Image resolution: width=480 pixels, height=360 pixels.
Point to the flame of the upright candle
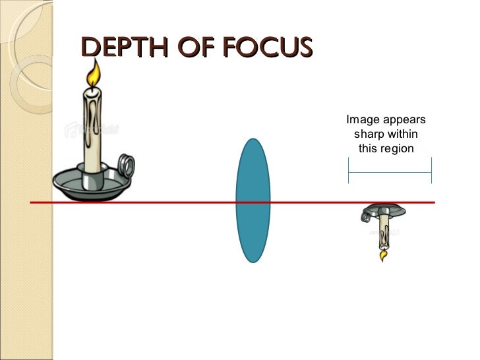[x=96, y=73]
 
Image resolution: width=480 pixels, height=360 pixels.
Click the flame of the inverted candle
[x=382, y=254]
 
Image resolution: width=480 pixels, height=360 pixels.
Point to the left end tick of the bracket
[x=348, y=171]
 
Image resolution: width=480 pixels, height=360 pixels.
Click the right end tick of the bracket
[x=431, y=171]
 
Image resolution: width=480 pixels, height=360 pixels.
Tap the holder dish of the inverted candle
[x=383, y=210]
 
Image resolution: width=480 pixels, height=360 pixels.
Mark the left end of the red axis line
[x=31, y=202]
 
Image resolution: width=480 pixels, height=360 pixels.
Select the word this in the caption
[x=369, y=148]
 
